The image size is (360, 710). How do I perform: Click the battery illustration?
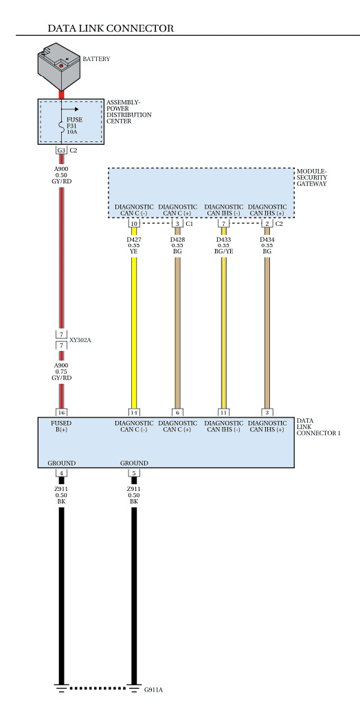click(x=59, y=67)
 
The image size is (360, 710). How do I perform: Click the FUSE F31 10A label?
click(x=75, y=126)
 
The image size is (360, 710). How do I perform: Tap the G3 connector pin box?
click(x=61, y=150)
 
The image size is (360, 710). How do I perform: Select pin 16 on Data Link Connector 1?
click(x=61, y=413)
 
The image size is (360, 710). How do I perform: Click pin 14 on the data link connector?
click(x=134, y=413)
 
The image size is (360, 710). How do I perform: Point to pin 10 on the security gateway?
click(x=134, y=224)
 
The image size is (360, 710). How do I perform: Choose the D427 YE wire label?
click(x=134, y=245)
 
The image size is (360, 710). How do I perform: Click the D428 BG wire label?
click(x=177, y=245)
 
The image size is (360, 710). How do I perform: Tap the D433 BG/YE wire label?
click(x=224, y=245)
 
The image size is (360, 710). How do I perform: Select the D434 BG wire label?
click(x=267, y=245)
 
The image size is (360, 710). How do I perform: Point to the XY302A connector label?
click(x=80, y=340)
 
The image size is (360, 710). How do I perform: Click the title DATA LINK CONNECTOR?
click(x=111, y=28)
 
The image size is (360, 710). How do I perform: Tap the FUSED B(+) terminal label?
click(x=61, y=426)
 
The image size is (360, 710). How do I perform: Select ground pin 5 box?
click(x=134, y=473)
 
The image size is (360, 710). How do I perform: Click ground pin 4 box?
click(x=61, y=473)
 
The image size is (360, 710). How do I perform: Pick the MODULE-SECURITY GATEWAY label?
click(x=312, y=177)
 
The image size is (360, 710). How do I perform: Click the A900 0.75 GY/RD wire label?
click(x=61, y=371)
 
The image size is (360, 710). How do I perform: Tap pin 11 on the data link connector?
click(x=224, y=413)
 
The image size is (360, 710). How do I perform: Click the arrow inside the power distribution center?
click(x=70, y=109)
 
